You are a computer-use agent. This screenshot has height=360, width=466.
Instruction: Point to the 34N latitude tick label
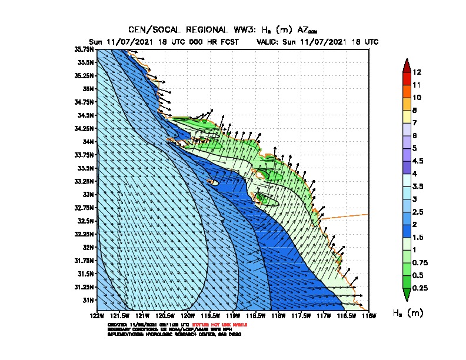[x=88, y=142]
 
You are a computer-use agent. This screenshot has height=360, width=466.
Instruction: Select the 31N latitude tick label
[x=88, y=300]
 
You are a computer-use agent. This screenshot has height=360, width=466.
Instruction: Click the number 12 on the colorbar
[x=417, y=72]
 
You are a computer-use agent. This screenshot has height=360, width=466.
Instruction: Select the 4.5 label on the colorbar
[x=418, y=161]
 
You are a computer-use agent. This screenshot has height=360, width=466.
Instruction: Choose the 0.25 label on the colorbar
[x=420, y=288]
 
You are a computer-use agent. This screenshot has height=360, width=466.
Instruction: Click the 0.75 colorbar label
[x=420, y=262]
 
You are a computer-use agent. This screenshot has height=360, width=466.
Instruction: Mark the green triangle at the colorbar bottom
[x=406, y=295]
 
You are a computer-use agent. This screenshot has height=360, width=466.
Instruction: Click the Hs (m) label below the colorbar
[x=408, y=313]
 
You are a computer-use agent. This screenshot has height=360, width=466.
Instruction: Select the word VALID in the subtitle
[x=268, y=42]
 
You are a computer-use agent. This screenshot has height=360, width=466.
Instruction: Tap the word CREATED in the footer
[x=116, y=325]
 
